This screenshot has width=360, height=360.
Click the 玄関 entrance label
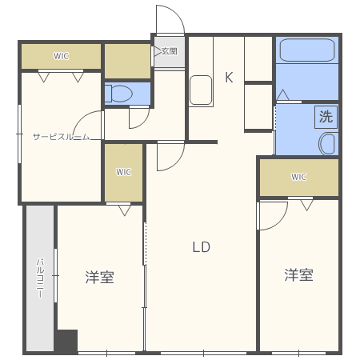tap(169, 51)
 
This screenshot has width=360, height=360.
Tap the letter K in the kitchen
tap(228, 78)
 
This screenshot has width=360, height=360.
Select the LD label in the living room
tap(201, 246)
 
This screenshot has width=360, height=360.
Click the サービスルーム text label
tap(60, 137)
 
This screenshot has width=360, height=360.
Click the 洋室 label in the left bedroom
tap(99, 278)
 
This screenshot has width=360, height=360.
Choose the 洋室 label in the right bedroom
tap(298, 275)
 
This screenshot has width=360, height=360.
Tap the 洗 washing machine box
tap(326, 115)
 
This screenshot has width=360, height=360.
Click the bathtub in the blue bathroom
tap(307, 54)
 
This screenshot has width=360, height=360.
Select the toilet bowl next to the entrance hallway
tap(121, 94)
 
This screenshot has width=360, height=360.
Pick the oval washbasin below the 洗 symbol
tap(328, 144)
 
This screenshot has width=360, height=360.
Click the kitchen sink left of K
tap(200, 90)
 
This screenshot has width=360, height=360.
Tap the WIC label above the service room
tap(61, 56)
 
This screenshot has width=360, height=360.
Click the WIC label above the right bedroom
tap(298, 177)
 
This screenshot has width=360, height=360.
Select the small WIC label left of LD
tap(123, 171)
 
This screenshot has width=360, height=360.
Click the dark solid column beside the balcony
tap(66, 342)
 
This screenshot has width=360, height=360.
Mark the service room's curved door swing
tap(86, 124)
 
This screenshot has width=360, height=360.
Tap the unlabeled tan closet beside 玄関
tap(127, 61)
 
